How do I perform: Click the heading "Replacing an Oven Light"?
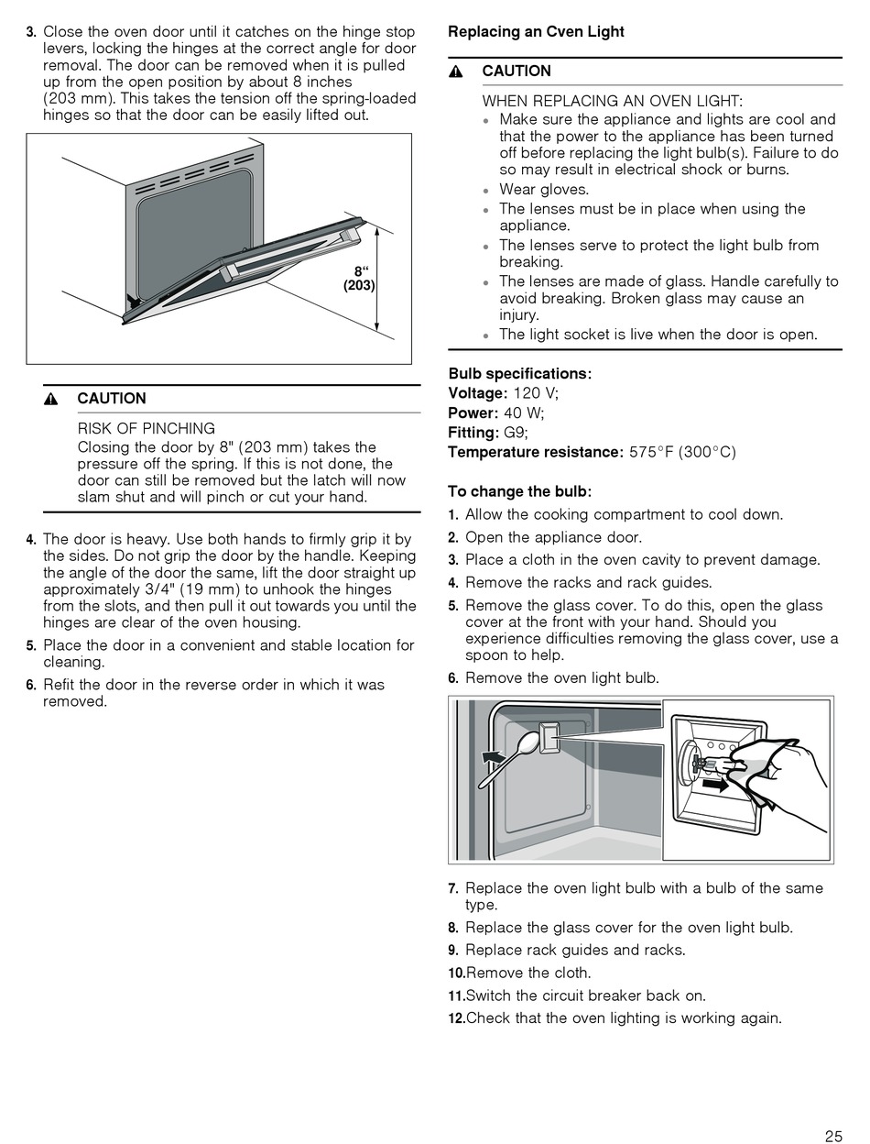pos(536,32)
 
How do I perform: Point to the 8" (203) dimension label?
pos(360,279)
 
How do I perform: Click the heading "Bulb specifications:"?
pos(519,374)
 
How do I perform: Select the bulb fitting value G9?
pos(516,433)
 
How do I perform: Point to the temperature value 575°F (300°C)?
pos(682,452)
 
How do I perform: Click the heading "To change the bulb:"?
pos(519,491)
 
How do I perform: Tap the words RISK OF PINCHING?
pos(147,428)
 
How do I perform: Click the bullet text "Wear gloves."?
pos(544,190)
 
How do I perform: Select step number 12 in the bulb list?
pos(456,1018)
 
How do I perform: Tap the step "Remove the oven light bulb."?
pos(561,678)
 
